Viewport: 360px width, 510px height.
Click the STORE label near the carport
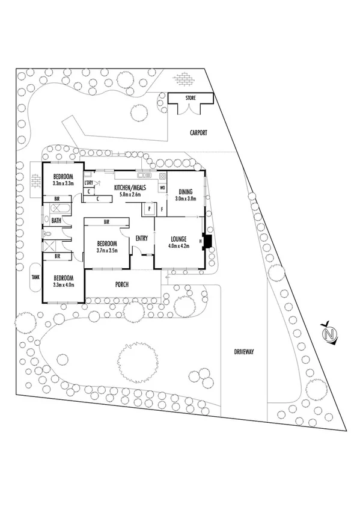(191, 97)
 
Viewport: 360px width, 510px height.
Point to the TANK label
(35, 277)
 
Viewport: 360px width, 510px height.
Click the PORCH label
(123, 284)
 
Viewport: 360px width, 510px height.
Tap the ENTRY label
(142, 239)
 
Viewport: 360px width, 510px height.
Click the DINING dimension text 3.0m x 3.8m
(186, 198)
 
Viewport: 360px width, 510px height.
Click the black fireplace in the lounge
(207, 241)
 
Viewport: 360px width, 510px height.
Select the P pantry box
(149, 209)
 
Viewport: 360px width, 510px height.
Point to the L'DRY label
(89, 182)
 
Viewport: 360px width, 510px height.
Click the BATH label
(56, 221)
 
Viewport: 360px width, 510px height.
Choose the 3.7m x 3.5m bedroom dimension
(107, 250)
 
